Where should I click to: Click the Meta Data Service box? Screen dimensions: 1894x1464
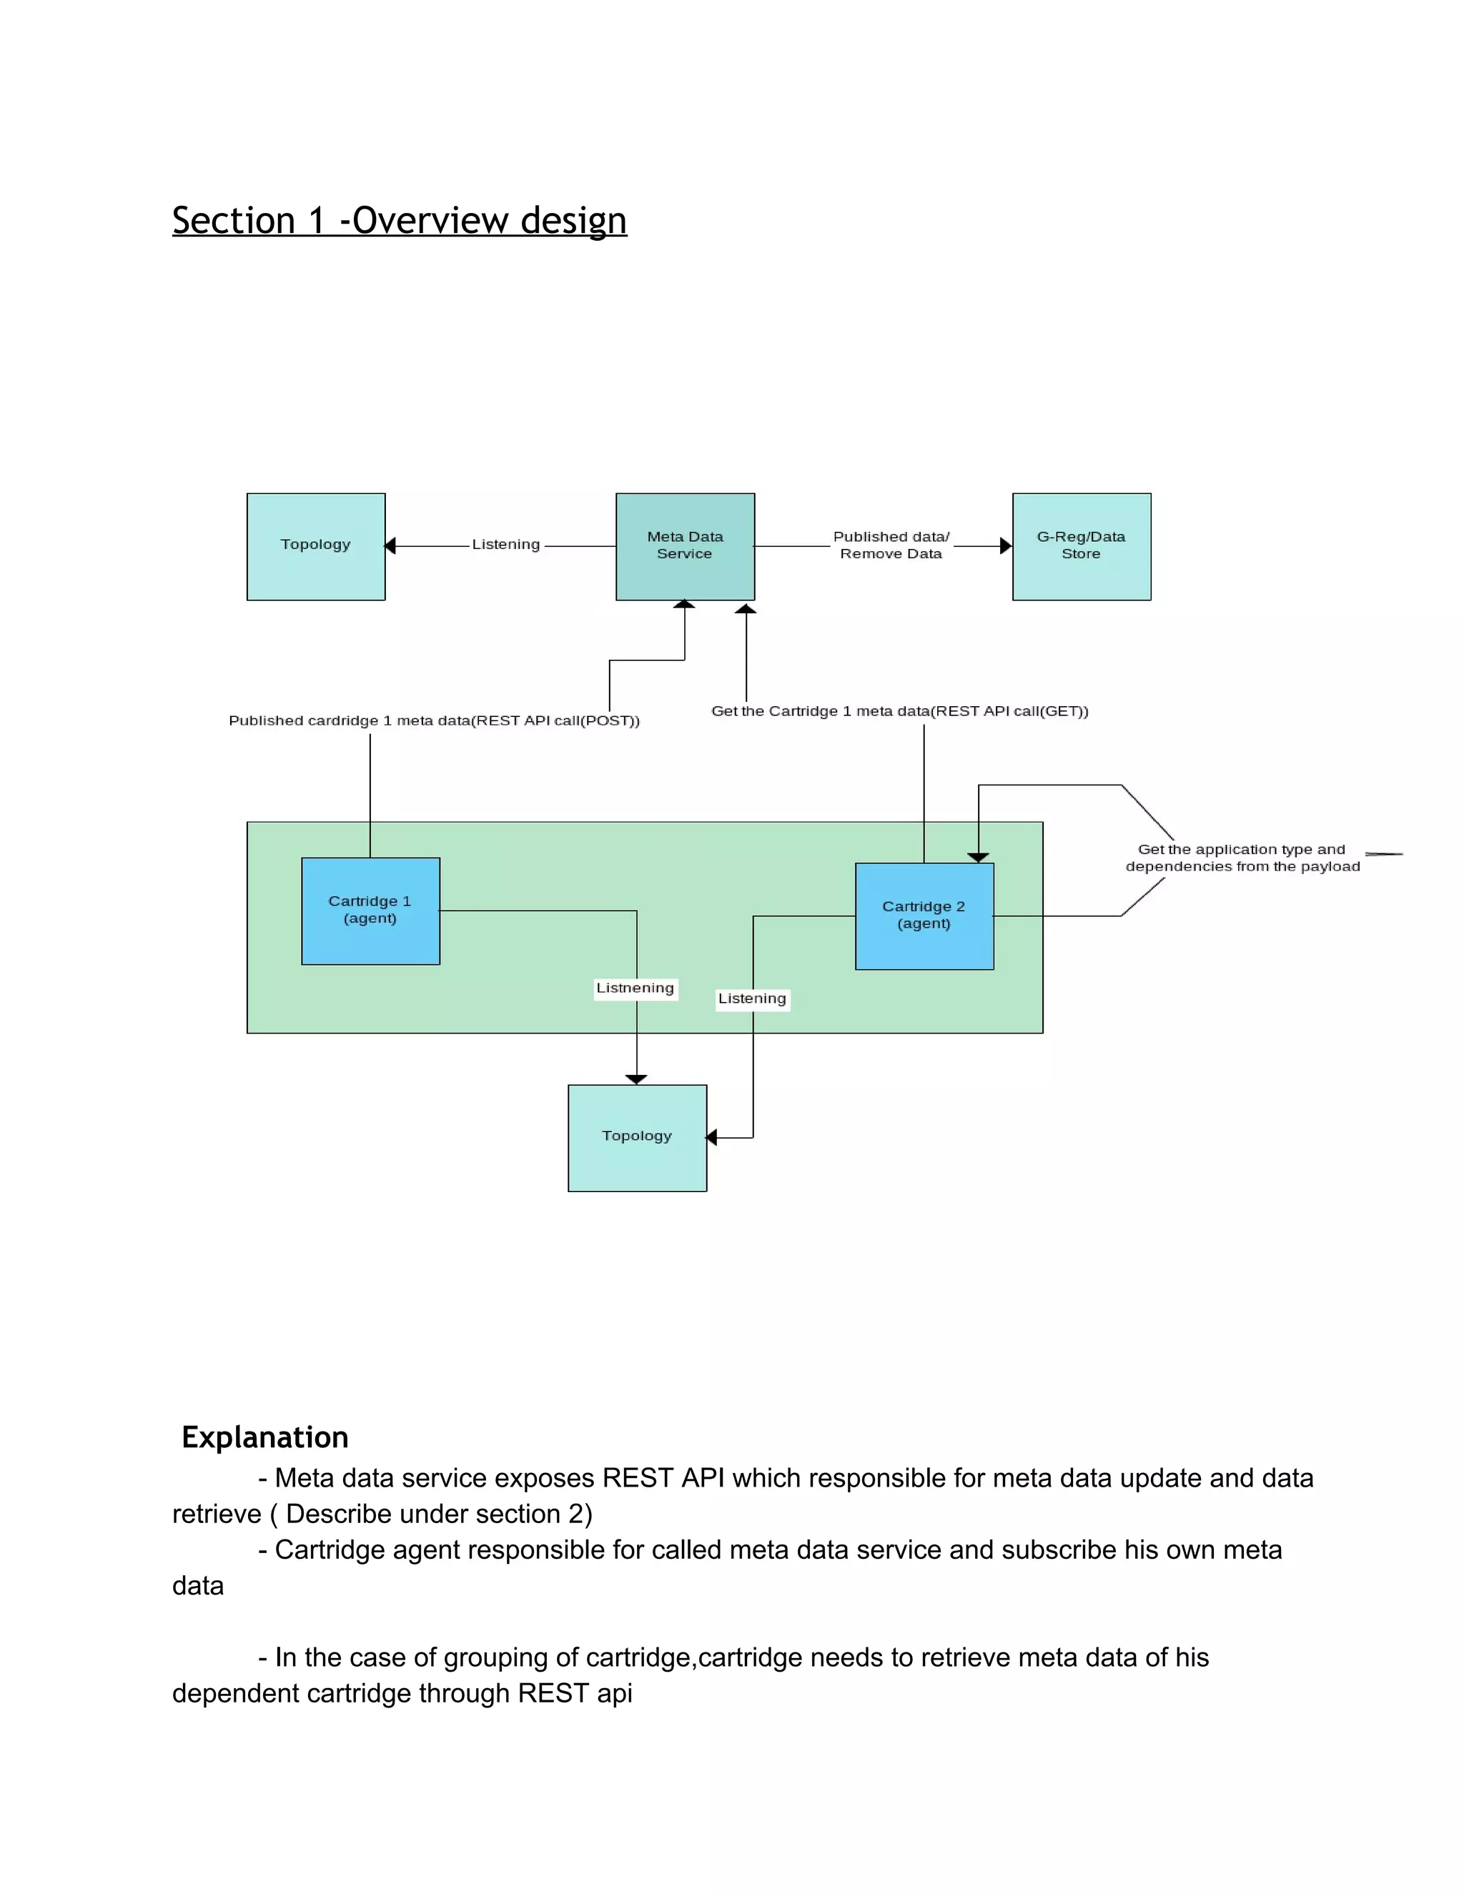pyautogui.click(x=684, y=546)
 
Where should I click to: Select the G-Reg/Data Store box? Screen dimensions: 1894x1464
pyautogui.click(x=1081, y=546)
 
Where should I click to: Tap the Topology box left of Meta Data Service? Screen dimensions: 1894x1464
pyautogui.click(x=316, y=546)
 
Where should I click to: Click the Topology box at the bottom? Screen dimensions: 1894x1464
pyautogui.click(x=637, y=1137)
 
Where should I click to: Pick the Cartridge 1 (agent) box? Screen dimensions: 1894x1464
pyautogui.click(x=370, y=911)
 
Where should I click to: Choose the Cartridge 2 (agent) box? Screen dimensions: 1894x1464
pyautogui.click(x=924, y=916)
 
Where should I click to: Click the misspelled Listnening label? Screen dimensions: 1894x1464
pyautogui.click(x=635, y=988)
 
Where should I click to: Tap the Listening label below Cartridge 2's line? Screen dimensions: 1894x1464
pyautogui.click(x=752, y=999)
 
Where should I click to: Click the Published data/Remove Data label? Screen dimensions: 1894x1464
pyautogui.click(x=891, y=545)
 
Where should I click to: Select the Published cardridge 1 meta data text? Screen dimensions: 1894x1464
pyautogui.click(x=434, y=720)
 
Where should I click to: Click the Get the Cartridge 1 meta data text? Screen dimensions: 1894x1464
pyautogui.click(x=899, y=711)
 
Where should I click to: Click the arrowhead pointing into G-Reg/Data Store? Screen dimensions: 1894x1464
pyautogui.click(x=1006, y=545)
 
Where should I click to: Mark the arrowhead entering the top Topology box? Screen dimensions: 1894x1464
pyautogui.click(x=390, y=545)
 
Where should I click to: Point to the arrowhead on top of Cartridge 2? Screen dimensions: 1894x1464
pyautogui.click(x=979, y=857)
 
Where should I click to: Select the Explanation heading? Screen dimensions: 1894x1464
pyautogui.click(x=264, y=1437)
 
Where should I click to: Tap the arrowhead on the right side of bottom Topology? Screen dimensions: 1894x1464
pyautogui.click(x=712, y=1137)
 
